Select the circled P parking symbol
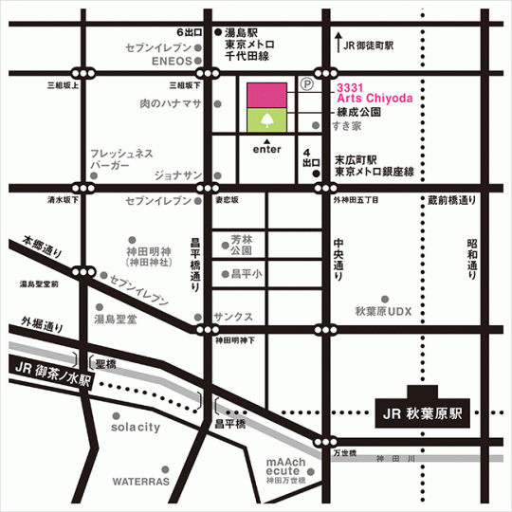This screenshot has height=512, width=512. pos(306,83)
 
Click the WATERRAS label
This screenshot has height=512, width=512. pos(141,481)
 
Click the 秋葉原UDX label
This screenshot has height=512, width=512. pos(383,311)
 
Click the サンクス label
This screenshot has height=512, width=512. pos(232,317)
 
